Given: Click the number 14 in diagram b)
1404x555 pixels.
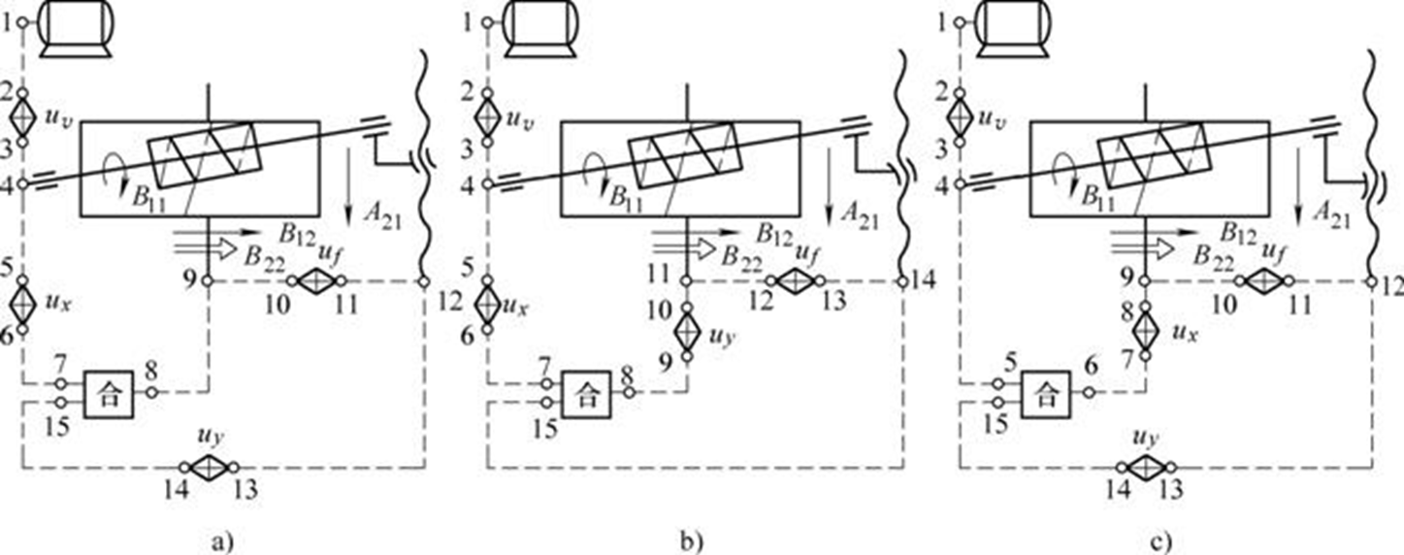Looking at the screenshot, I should (930, 282).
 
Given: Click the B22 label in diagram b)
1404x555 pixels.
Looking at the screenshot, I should (742, 256).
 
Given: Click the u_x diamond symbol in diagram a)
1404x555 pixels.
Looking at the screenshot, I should (22, 303).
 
